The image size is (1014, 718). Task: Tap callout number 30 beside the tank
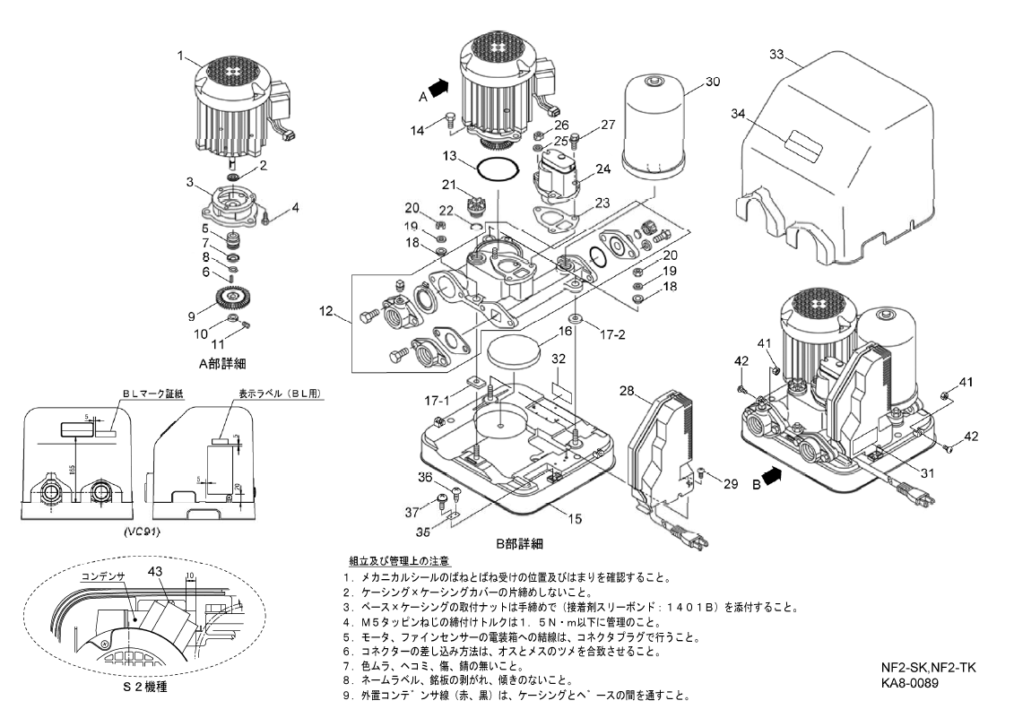pyautogui.click(x=712, y=82)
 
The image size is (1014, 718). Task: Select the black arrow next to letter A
pyautogui.click(x=438, y=87)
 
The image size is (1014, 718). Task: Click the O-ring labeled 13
pyautogui.click(x=498, y=168)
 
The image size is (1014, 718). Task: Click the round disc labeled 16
pyautogui.click(x=514, y=349)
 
